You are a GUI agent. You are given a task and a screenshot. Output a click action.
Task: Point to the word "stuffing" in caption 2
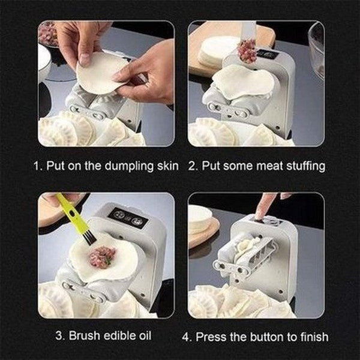click(x=306, y=166)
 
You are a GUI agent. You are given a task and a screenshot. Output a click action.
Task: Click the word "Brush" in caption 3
click(x=85, y=335)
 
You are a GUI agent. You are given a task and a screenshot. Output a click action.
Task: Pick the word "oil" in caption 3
click(x=145, y=335)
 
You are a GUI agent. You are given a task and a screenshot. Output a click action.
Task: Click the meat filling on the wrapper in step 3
click(x=102, y=256)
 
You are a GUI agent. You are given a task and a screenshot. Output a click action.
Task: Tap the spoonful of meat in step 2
click(x=247, y=52)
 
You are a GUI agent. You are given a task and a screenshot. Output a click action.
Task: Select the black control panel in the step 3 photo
click(x=128, y=218)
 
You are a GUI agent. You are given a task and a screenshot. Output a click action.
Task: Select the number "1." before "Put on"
click(x=38, y=166)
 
